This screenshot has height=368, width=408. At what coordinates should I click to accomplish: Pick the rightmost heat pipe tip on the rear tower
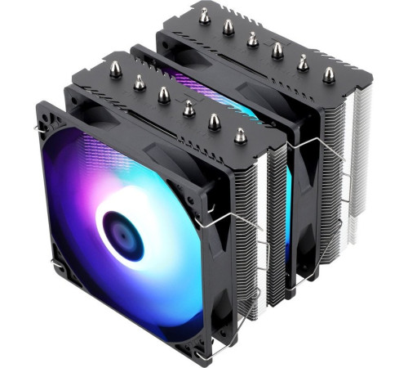pyautogui.click(x=328, y=75)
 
